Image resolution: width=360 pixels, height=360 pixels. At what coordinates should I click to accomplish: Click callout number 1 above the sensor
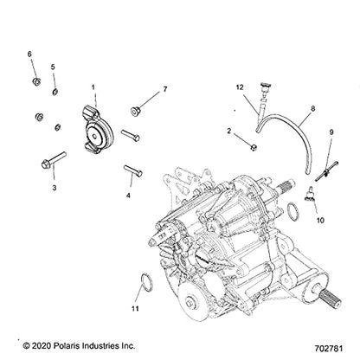point(93,87)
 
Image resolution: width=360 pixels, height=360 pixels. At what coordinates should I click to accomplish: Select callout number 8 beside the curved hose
point(289,111)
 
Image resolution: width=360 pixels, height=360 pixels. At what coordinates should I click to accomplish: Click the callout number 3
point(54,186)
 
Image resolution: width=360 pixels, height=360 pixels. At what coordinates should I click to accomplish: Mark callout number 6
point(30,55)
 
